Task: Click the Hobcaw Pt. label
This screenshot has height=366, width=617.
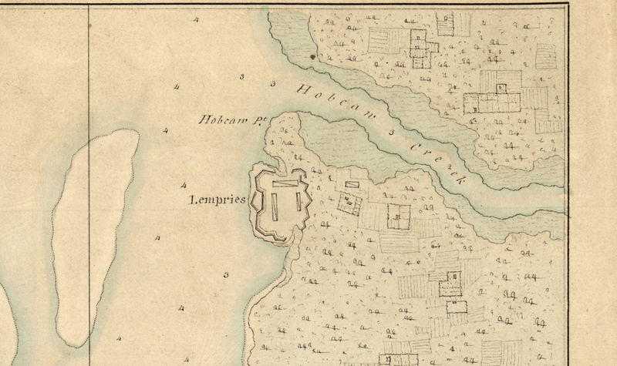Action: tap(228, 120)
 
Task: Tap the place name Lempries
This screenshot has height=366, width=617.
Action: tap(217, 200)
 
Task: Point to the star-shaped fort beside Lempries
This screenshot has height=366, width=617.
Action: tap(281, 203)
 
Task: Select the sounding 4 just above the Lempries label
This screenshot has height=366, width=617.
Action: tap(183, 186)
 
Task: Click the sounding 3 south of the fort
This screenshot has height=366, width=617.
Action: tap(226, 275)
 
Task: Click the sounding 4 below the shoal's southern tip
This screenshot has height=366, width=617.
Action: tap(119, 337)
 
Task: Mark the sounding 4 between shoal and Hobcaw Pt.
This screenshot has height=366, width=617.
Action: tap(165, 130)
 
